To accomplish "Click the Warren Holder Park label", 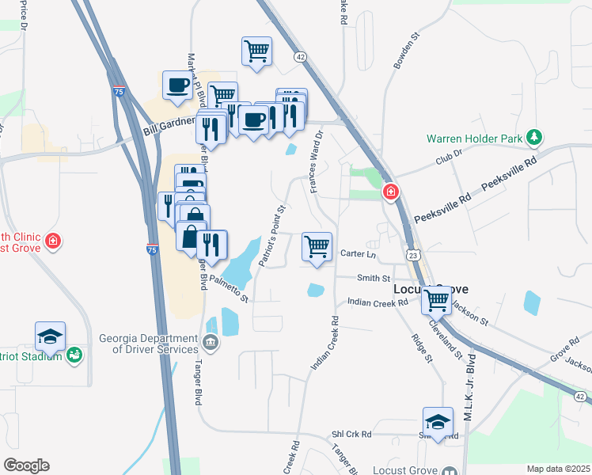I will coord(475,138).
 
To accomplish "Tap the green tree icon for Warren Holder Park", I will coord(535,138).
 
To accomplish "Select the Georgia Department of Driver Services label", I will coord(148,344).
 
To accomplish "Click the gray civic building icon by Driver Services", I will coord(211,343).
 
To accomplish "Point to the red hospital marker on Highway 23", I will coord(391,192).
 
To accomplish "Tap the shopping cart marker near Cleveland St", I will coord(436,301).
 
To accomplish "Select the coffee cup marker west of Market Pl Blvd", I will coord(178,85).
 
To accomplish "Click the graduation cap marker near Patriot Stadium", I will coord(51,336).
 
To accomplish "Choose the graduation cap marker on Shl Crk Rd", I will coord(438,421).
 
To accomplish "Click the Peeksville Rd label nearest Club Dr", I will coord(510,170).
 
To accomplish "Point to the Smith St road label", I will coord(374,279).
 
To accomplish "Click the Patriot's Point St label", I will coord(271,236).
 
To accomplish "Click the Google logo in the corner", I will coord(26,465).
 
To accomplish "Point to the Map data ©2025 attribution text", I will coord(558,469).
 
